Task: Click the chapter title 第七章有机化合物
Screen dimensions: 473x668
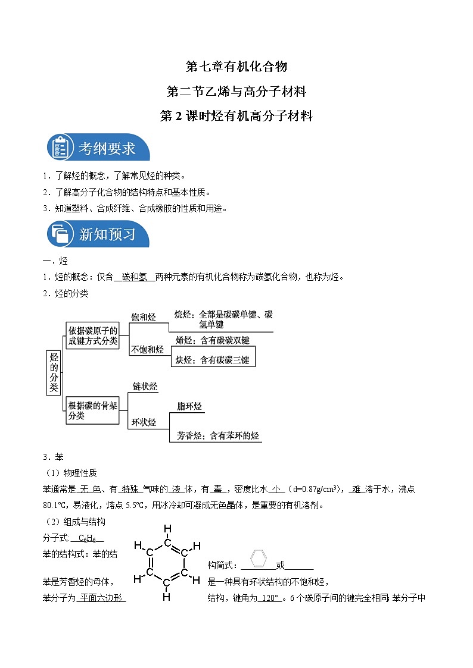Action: pos(236,66)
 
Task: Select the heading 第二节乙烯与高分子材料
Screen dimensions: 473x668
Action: pos(236,92)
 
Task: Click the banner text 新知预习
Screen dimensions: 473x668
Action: pos(107,234)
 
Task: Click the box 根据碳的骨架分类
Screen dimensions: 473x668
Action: pos(92,410)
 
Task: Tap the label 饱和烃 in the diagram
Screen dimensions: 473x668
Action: pos(143,318)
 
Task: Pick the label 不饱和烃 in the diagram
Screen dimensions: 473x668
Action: pos(147,350)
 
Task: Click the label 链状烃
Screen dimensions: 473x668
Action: pos(145,387)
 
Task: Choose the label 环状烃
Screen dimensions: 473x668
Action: pos(144,422)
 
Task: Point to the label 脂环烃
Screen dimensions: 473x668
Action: pos(189,407)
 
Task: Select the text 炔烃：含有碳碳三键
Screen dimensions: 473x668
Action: pos(212,360)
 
